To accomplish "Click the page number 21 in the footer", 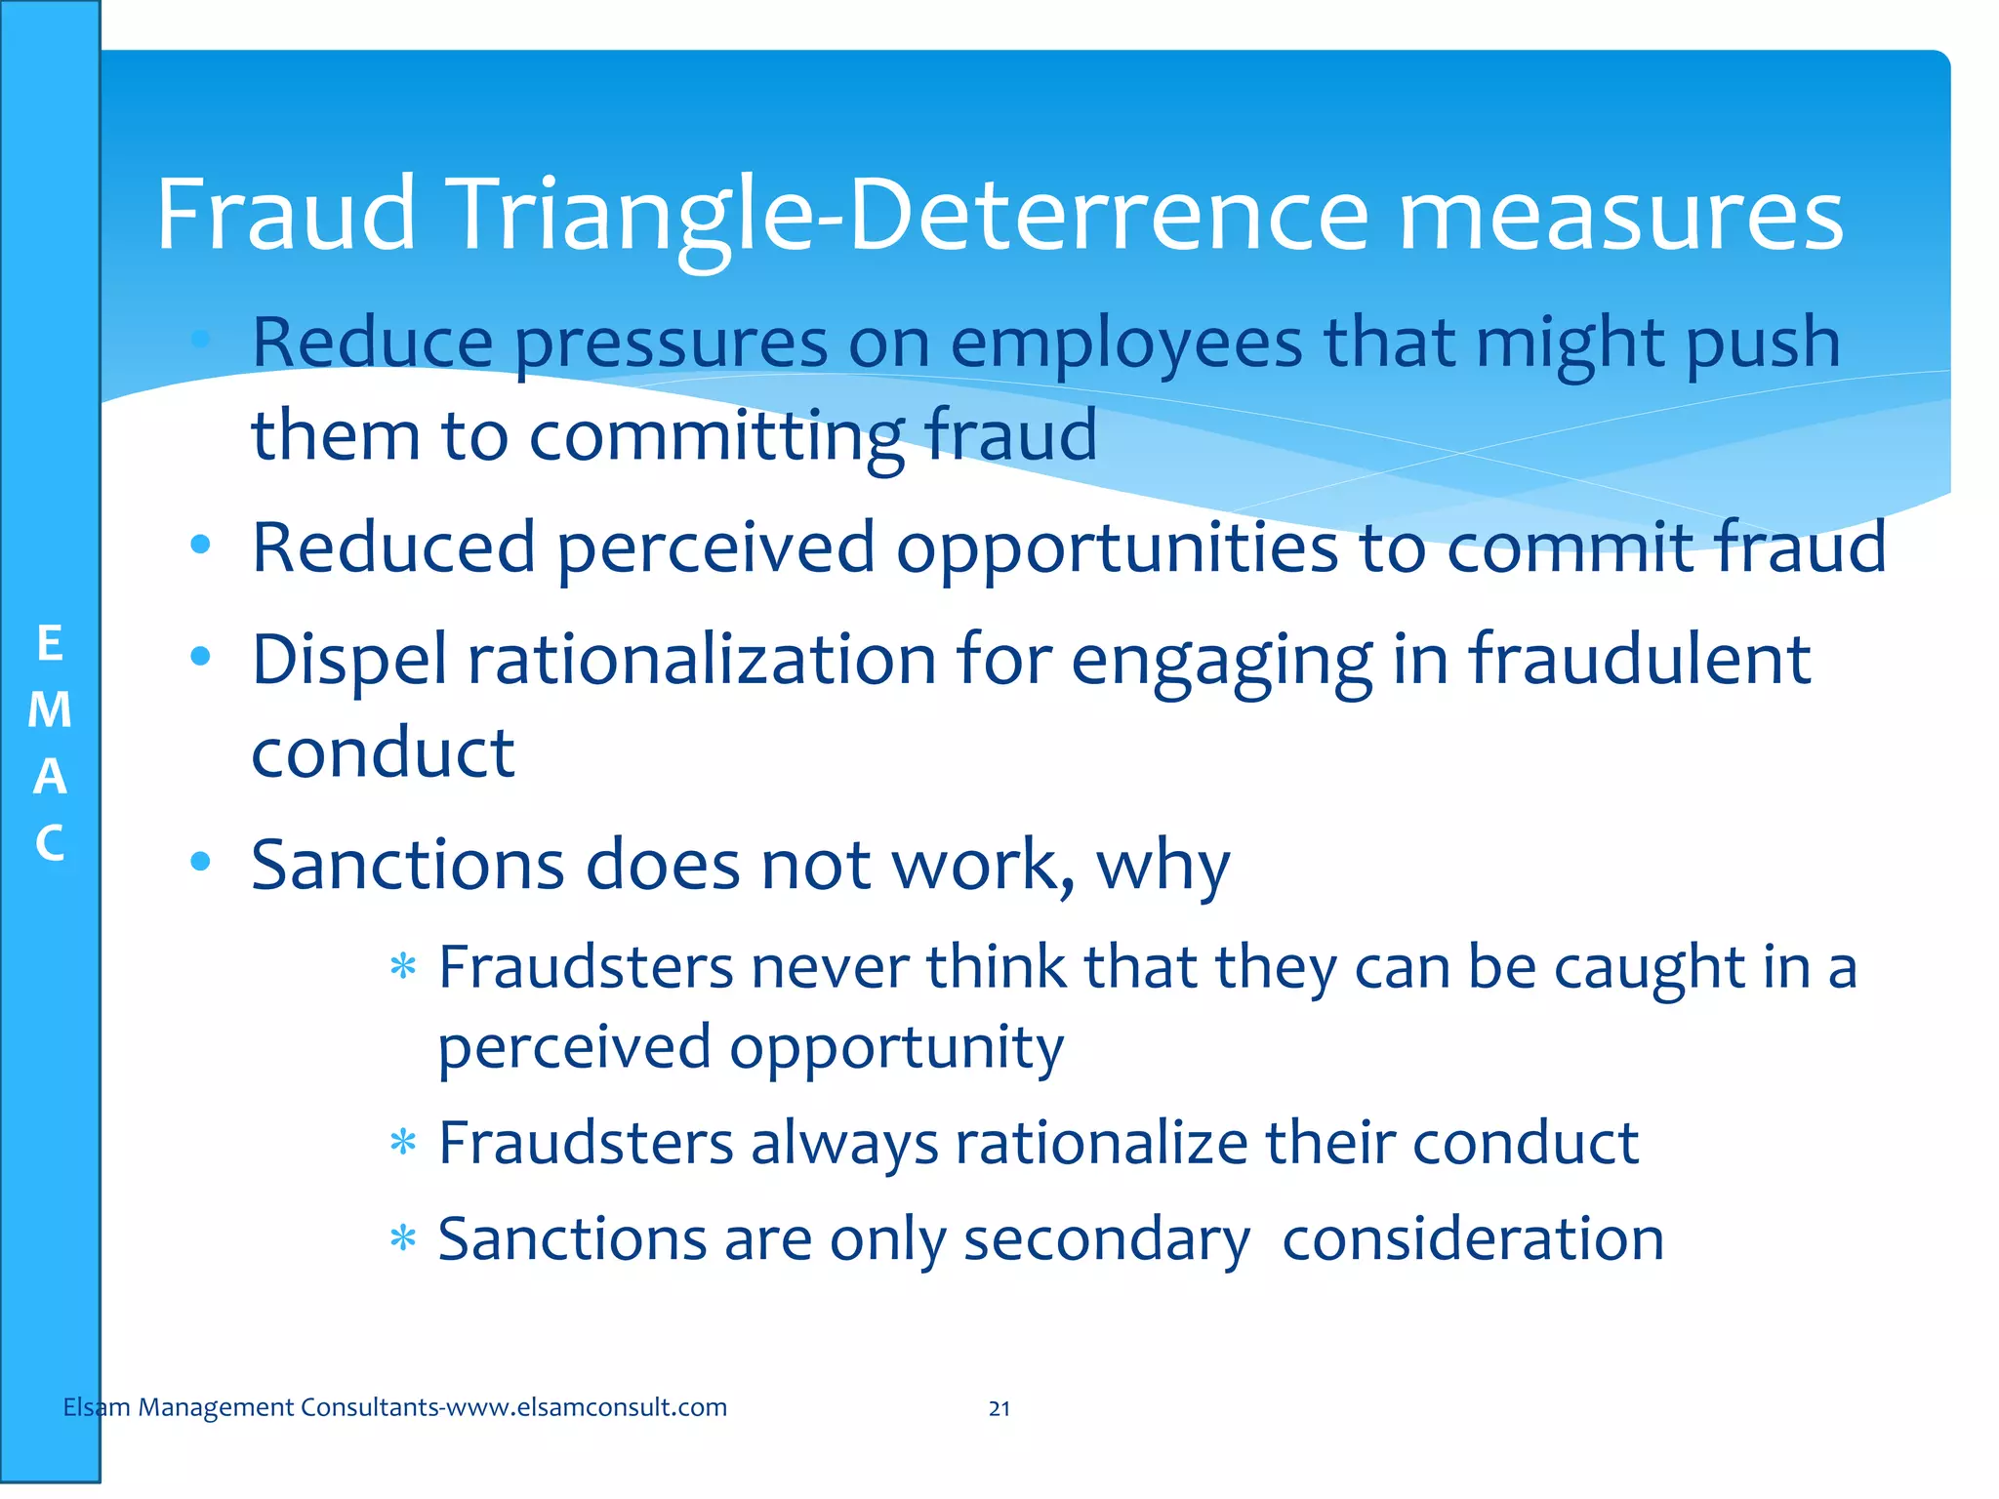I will tap(999, 1408).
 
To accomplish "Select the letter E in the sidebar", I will tap(50, 644).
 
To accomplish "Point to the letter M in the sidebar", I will tap(50, 709).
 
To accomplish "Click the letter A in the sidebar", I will tap(50, 777).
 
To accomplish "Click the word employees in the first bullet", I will tap(1125, 344).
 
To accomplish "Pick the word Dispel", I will tap(349, 661).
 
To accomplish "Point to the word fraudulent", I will tap(1640, 659).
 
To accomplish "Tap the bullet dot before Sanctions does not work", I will tap(201, 861).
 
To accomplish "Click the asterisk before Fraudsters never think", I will tap(402, 967).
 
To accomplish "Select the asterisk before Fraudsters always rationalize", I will tap(402, 1142).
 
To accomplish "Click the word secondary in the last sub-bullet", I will tap(1106, 1240).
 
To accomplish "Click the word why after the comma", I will tap(1163, 867).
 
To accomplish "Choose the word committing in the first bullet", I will tap(716, 436).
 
